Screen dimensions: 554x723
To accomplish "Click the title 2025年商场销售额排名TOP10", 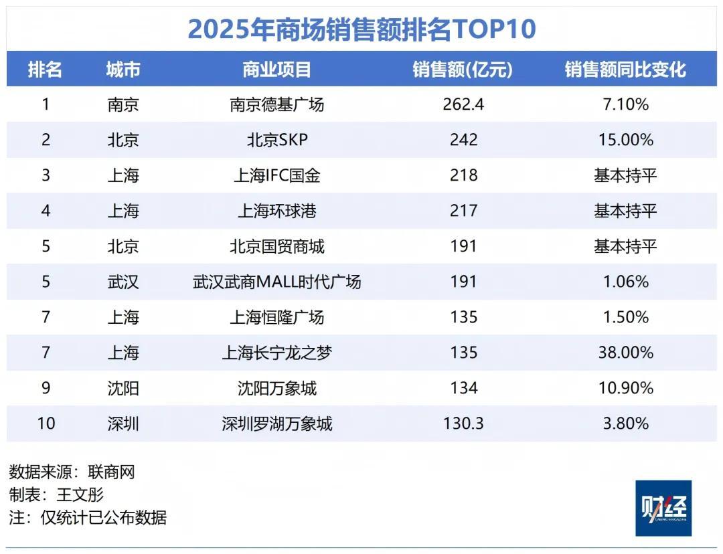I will click(361, 29).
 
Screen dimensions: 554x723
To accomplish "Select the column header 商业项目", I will click(276, 69).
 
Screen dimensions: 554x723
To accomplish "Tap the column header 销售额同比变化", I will click(625, 69).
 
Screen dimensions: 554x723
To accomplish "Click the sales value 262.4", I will click(463, 104).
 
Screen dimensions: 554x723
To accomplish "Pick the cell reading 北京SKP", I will click(276, 140).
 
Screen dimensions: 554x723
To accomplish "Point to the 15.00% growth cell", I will click(625, 140).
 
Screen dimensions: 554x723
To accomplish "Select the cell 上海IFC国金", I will click(276, 175).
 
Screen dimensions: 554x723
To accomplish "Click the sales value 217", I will click(463, 211).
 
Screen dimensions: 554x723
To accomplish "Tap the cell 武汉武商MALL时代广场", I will click(276, 282).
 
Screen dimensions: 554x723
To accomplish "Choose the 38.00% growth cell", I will click(625, 353).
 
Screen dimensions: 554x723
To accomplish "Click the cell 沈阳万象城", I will click(276, 388).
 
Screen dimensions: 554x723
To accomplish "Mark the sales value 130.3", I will click(463, 424).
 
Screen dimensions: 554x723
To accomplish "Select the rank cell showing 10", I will click(46, 424).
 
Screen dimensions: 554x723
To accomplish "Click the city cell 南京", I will click(123, 104).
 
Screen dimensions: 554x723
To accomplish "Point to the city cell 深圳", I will click(123, 424).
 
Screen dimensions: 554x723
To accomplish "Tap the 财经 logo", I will click(663, 508).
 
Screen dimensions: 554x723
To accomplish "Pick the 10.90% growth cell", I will click(625, 388).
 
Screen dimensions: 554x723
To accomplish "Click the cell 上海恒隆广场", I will click(276, 317).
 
